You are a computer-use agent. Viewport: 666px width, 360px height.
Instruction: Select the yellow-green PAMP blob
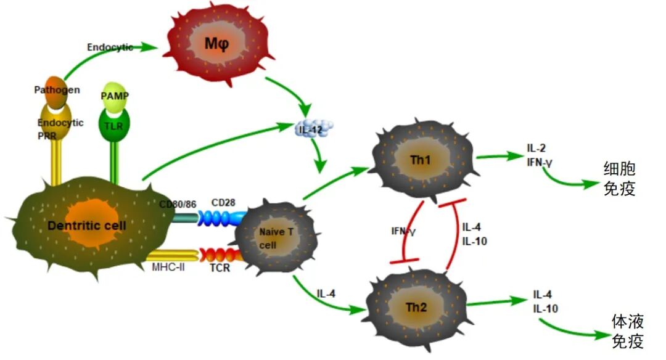pos(114,96)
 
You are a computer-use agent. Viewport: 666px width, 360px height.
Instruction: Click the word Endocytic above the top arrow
pos(110,47)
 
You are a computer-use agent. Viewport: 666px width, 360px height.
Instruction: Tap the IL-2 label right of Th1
pos(535,148)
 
